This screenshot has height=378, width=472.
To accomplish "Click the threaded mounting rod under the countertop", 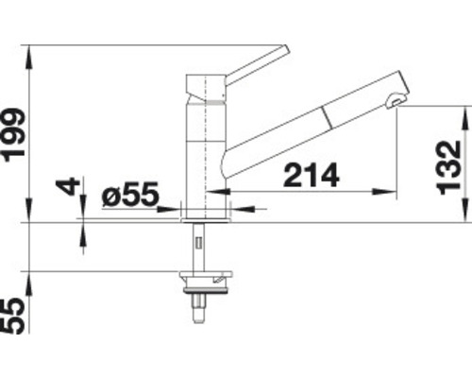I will coord(199,246).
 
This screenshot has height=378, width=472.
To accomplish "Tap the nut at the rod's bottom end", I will coord(199,308).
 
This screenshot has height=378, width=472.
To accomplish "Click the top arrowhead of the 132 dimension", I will coord(465,112).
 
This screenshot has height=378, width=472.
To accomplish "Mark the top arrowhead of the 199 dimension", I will coord(28,49).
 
